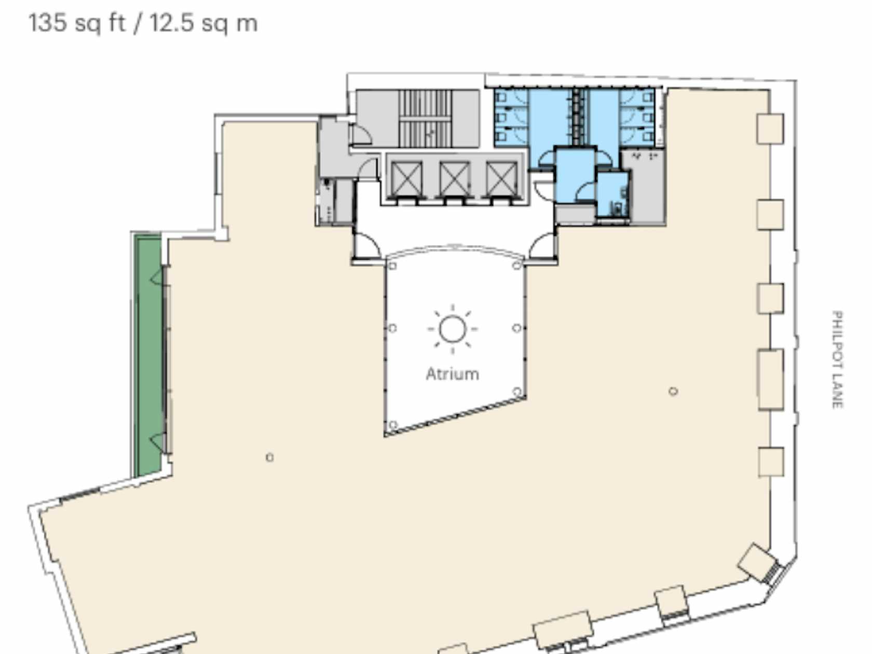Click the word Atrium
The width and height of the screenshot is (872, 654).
click(452, 374)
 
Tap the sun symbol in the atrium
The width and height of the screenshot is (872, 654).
click(452, 329)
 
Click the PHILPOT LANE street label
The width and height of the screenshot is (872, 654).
click(837, 359)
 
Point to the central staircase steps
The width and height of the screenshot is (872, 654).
click(425, 118)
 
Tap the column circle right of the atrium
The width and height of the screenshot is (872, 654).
click(673, 391)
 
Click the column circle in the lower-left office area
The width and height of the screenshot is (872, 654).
click(270, 457)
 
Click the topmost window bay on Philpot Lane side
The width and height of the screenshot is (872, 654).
click(770, 129)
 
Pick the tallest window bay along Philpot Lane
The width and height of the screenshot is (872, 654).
click(770, 379)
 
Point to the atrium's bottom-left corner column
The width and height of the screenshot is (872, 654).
click(392, 425)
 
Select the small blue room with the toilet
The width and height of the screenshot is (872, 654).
click(613, 195)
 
